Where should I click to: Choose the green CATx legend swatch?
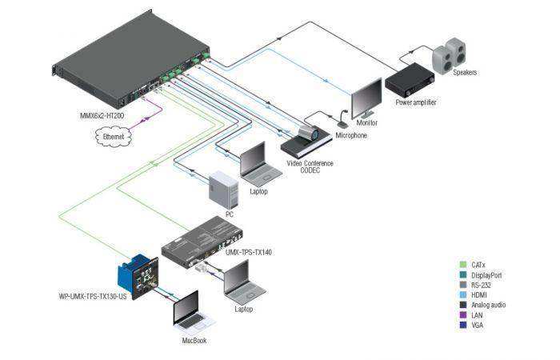(463, 264)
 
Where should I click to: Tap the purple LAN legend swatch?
(463, 315)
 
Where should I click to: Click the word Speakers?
(465, 73)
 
